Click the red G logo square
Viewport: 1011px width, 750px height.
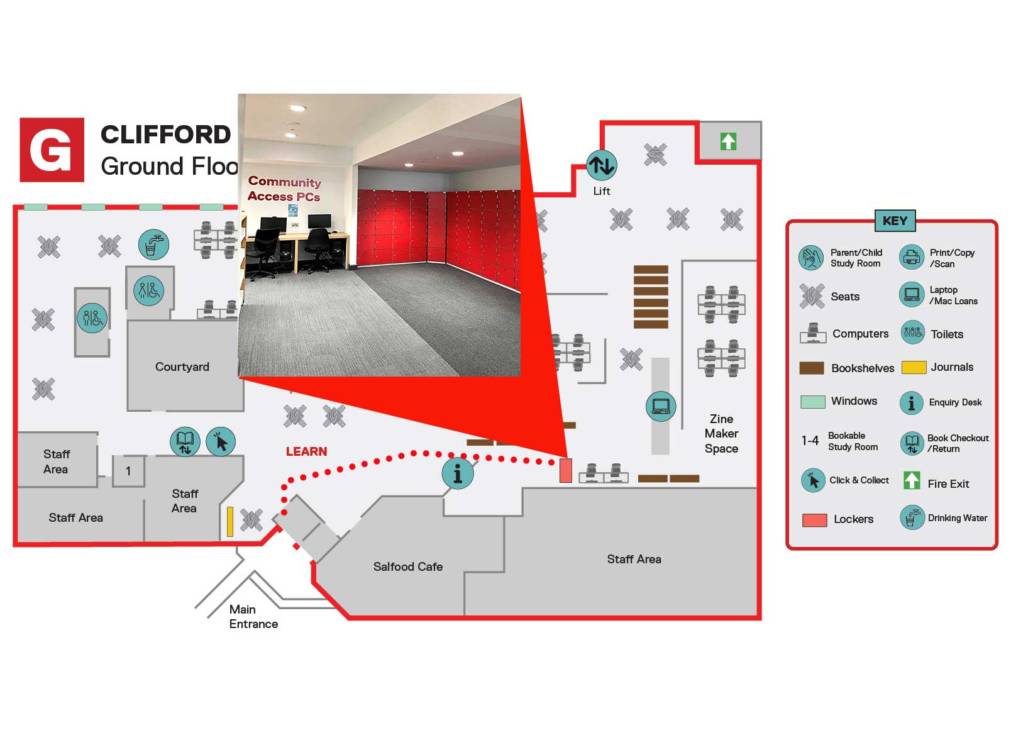pyautogui.click(x=52, y=150)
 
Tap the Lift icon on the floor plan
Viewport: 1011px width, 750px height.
pyautogui.click(x=601, y=165)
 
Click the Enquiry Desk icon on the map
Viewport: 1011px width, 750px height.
pyautogui.click(x=457, y=473)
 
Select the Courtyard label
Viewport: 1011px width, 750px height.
pyautogui.click(x=182, y=367)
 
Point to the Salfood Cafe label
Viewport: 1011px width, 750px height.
pyautogui.click(x=407, y=566)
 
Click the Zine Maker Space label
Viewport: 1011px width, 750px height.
pyautogui.click(x=721, y=433)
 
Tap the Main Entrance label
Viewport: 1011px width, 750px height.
pyautogui.click(x=253, y=617)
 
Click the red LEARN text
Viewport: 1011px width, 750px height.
pyautogui.click(x=306, y=451)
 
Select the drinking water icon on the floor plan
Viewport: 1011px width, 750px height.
pyautogui.click(x=153, y=245)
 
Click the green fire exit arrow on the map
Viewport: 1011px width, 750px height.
pyautogui.click(x=728, y=141)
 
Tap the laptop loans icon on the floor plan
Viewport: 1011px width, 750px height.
pyautogui.click(x=660, y=406)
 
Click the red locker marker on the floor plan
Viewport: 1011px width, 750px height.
pyautogui.click(x=565, y=470)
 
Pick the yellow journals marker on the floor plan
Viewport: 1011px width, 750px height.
pyautogui.click(x=230, y=521)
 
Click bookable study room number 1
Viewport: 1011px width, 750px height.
pyautogui.click(x=128, y=471)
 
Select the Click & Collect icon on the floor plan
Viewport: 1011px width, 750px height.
pyautogui.click(x=221, y=441)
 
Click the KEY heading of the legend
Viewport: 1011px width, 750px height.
pyautogui.click(x=894, y=221)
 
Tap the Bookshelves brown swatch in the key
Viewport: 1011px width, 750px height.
pyautogui.click(x=811, y=368)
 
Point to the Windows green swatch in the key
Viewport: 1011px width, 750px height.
pyautogui.click(x=812, y=402)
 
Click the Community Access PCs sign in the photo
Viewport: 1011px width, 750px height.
pyautogui.click(x=284, y=189)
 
